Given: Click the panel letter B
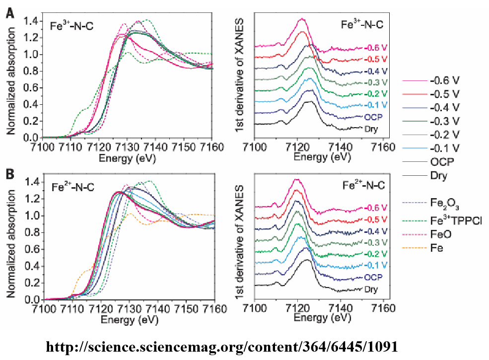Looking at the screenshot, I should pyautogui.click(x=9, y=175).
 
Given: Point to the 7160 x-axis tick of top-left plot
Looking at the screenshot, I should pyautogui.click(x=214, y=147).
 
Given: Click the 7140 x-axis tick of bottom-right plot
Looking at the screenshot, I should pyautogui.click(x=340, y=309).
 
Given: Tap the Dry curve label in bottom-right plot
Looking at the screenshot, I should pyautogui.click(x=370, y=289).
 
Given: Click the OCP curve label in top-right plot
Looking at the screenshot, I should pyautogui.click(x=371, y=117).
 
